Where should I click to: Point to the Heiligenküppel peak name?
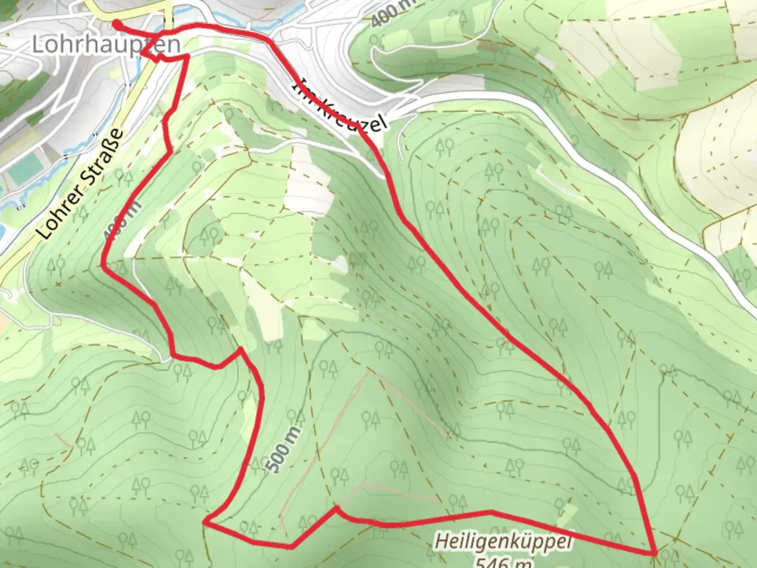coord(504,541)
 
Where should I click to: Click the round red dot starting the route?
coord(116,23)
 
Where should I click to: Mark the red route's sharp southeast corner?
coord(654,553)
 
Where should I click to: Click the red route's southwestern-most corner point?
coord(206,523)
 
